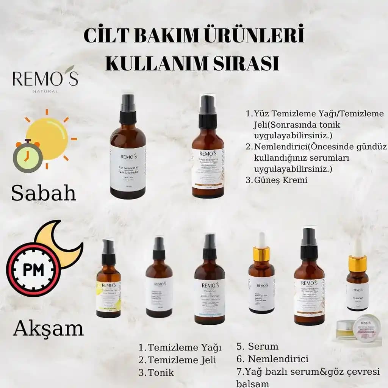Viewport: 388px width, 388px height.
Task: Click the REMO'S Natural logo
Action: pyautogui.click(x=45, y=79)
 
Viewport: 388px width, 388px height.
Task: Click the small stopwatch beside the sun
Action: pyautogui.click(x=27, y=155)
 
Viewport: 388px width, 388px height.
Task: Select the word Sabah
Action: pyautogui.click(x=44, y=193)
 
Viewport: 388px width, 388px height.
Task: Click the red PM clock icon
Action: pyautogui.click(x=33, y=270)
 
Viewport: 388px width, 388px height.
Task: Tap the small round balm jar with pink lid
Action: pyautogui.click(x=366, y=328)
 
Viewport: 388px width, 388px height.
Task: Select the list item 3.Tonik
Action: pyautogui.click(x=156, y=372)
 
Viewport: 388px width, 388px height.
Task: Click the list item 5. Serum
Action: pyautogui.click(x=257, y=346)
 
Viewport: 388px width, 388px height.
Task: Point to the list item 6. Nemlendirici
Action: pyautogui.click(x=272, y=359)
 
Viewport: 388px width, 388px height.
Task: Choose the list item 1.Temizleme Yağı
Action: pyautogui.click(x=180, y=347)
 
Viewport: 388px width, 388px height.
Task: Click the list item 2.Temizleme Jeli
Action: pyautogui.click(x=177, y=360)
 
